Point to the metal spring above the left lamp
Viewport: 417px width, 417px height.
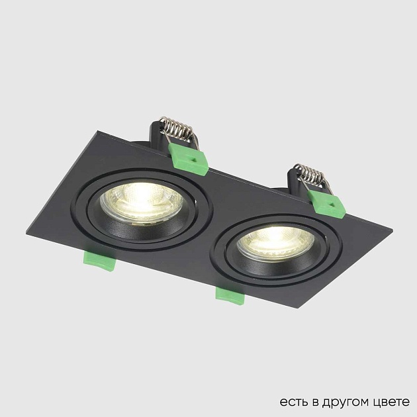pos(177,127)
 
